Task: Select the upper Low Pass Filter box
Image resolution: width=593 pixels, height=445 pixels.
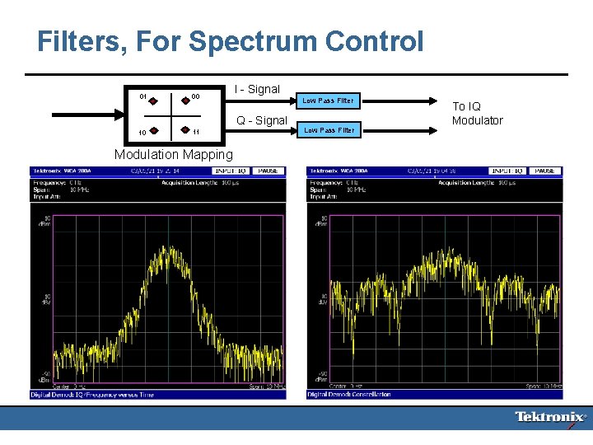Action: (x=328, y=101)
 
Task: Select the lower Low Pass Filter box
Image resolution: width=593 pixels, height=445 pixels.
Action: (x=328, y=130)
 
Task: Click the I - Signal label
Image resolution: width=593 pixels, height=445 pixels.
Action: (x=256, y=89)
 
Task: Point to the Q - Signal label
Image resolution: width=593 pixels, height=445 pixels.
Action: (x=261, y=121)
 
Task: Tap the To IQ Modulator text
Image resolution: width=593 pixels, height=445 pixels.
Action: (x=478, y=114)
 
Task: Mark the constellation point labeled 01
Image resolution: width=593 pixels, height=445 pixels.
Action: (x=153, y=101)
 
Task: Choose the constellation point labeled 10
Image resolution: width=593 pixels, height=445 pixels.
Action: (x=153, y=129)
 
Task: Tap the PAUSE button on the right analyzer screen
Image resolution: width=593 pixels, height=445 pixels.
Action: (x=544, y=171)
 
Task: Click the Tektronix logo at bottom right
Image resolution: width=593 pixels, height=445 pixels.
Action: (x=551, y=417)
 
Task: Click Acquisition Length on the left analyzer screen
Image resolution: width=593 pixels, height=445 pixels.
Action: (x=189, y=182)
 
